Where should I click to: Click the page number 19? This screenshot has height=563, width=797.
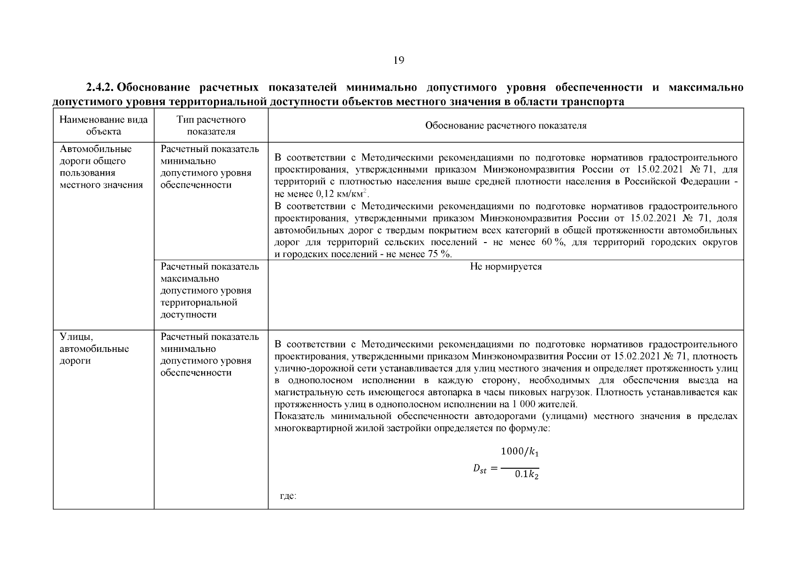click(x=398, y=60)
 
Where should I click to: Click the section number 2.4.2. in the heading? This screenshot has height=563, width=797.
click(x=100, y=88)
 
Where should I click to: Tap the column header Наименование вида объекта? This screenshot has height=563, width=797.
click(x=104, y=125)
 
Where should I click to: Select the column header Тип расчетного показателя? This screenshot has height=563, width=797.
click(x=211, y=125)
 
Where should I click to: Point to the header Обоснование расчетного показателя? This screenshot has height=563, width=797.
click(x=506, y=126)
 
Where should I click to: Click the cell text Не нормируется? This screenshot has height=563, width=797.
click(x=506, y=266)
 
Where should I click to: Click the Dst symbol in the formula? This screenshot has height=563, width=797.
click(x=480, y=469)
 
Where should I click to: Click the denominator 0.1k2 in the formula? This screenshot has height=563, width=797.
click(x=526, y=475)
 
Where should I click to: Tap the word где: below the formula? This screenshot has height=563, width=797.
click(x=288, y=496)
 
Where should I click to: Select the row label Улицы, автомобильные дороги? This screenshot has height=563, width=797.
click(x=94, y=349)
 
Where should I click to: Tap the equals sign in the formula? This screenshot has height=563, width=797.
click(x=493, y=469)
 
